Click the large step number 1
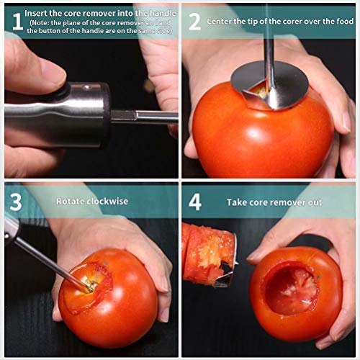17,22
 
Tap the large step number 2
194,22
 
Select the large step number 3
16,202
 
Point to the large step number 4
195,202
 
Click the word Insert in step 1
36,13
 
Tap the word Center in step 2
219,22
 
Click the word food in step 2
345,21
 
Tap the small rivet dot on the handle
86,87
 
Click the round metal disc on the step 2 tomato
269,85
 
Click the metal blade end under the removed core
225,275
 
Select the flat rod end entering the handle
124,116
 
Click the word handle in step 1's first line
163,13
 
